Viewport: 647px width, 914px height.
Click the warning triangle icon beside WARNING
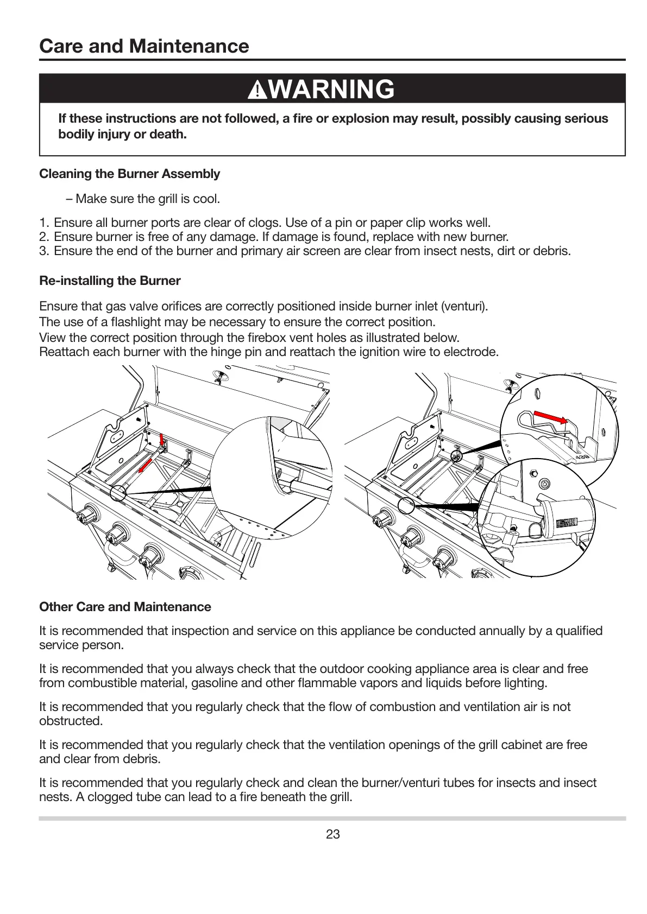[x=257, y=90]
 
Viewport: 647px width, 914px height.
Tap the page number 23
[x=332, y=834]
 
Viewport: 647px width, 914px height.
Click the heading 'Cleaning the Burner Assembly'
[x=129, y=174]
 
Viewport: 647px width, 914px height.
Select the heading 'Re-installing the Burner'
[x=110, y=281]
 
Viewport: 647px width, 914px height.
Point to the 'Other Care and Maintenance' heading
[x=125, y=607]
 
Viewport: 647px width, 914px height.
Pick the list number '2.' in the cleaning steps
[x=44, y=237]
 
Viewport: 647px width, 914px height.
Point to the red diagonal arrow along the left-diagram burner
[x=144, y=465]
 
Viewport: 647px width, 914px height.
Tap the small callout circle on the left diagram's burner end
[x=118, y=493]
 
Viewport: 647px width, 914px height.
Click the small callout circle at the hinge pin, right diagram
[x=456, y=456]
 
